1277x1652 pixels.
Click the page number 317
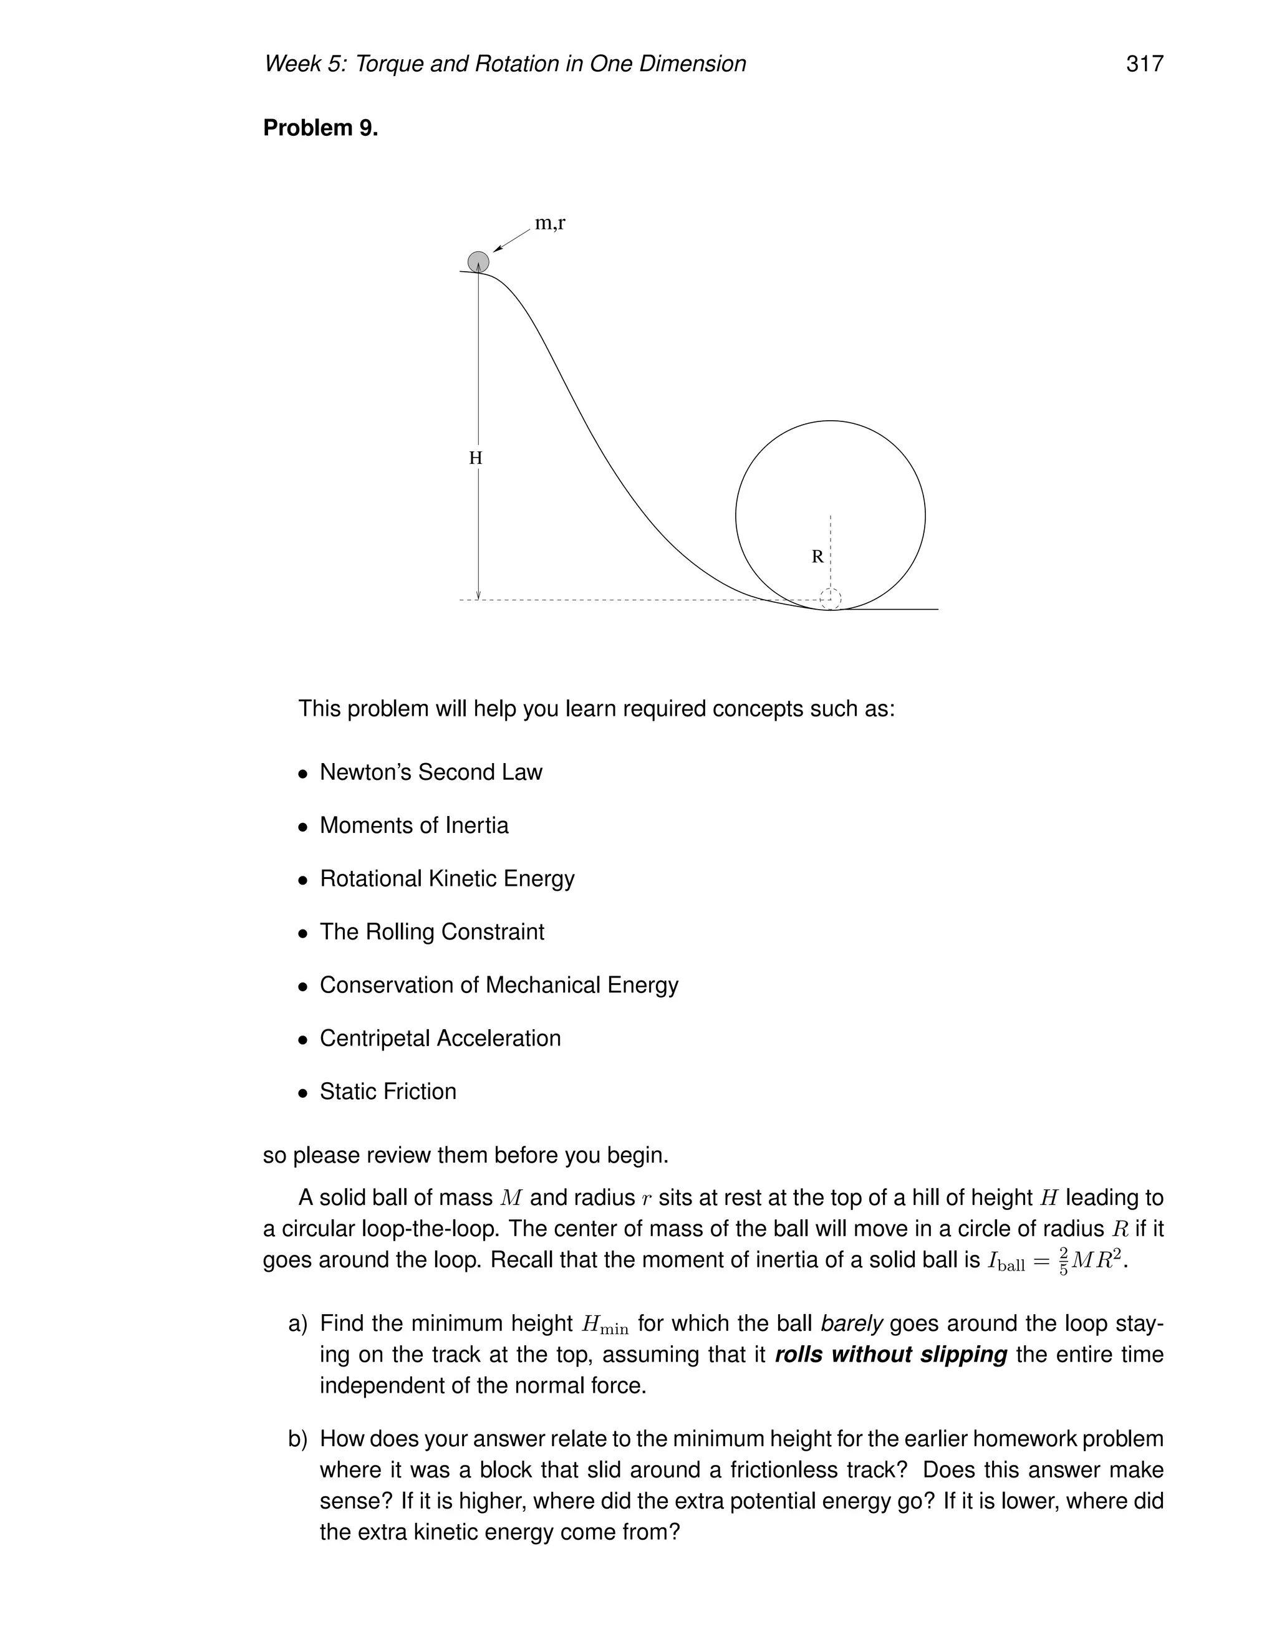(x=1144, y=64)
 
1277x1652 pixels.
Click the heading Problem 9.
(x=320, y=128)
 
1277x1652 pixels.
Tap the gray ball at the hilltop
(x=478, y=262)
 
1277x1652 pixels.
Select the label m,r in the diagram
(x=550, y=223)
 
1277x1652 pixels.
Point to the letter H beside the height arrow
(x=475, y=458)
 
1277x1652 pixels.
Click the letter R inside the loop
(x=817, y=557)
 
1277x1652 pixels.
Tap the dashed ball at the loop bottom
(x=831, y=598)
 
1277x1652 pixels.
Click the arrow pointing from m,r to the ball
(x=513, y=240)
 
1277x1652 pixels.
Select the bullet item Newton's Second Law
(x=430, y=772)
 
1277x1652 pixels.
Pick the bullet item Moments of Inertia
(x=414, y=825)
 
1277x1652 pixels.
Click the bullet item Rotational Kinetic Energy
(x=446, y=879)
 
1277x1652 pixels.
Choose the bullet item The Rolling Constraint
(x=431, y=932)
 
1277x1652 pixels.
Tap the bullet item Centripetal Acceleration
(x=440, y=1039)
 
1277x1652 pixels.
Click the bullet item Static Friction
(x=387, y=1092)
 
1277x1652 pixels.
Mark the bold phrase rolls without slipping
(x=890, y=1354)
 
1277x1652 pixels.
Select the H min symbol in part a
(x=604, y=1325)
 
